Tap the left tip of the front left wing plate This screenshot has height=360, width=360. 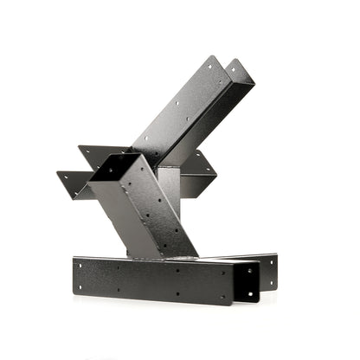click(59, 176)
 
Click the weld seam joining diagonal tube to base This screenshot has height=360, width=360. click(164, 255)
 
